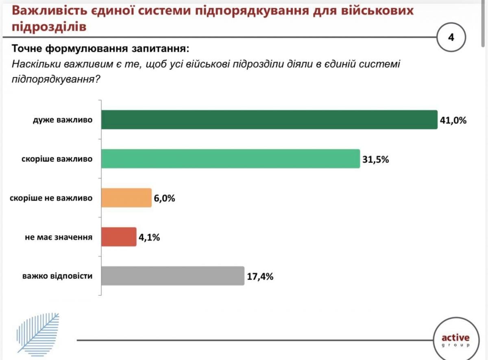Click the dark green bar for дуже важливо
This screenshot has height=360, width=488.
pos(269,120)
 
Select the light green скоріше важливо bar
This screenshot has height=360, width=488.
pos(230,159)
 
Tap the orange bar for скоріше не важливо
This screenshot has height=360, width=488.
pos(126,198)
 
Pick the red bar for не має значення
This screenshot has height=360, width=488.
pos(118,237)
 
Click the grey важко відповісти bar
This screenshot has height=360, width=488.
pos(172,276)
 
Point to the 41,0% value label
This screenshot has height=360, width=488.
pos(453,120)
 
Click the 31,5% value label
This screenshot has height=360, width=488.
pos(376,159)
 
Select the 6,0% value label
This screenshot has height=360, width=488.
pos(165,198)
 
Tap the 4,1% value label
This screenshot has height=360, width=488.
pos(149,237)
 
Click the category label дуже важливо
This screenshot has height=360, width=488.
pos(63,120)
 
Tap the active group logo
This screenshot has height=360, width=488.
pos(455,340)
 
